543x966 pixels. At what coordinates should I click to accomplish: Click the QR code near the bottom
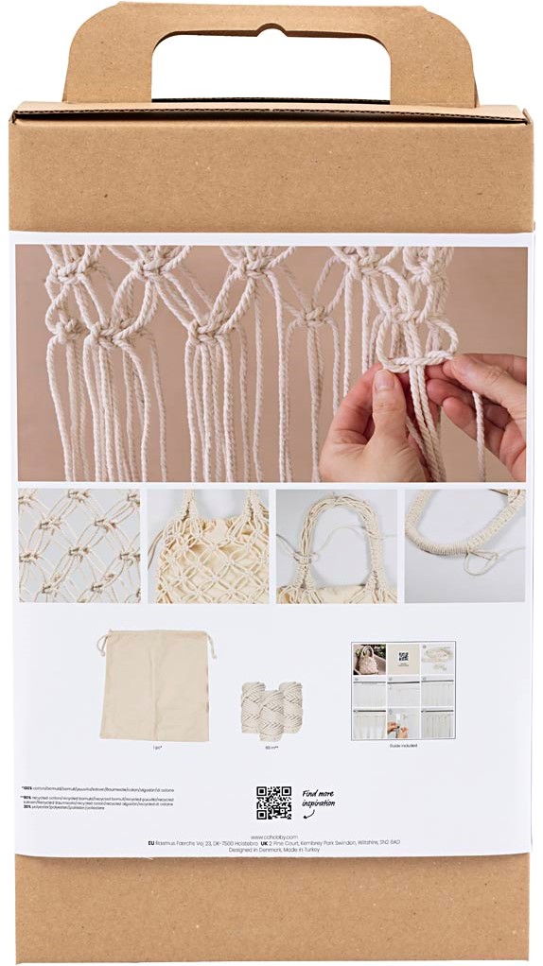(273, 802)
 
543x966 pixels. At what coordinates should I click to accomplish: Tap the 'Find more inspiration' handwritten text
(319, 801)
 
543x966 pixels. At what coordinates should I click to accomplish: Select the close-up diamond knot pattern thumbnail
(79, 545)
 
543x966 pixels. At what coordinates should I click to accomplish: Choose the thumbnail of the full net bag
(208, 545)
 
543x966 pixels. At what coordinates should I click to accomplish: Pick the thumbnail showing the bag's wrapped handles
(337, 545)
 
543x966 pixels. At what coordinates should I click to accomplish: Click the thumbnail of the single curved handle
(464, 545)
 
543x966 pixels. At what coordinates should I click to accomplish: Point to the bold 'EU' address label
(152, 843)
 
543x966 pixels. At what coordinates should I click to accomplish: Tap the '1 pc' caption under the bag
(156, 746)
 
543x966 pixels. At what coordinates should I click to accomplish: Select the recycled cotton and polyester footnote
(95, 802)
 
